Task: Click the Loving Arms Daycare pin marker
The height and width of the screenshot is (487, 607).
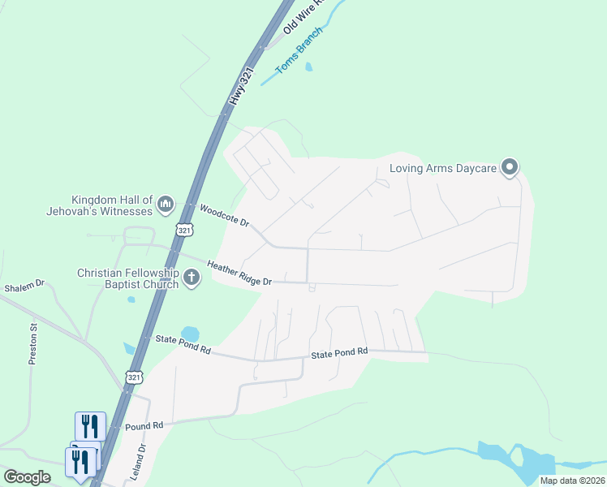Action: coord(510,168)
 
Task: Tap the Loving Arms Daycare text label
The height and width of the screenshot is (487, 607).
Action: coord(442,169)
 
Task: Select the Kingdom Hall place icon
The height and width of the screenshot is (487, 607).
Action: coord(166,203)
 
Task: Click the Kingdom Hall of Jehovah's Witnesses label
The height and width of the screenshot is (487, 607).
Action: coord(112,205)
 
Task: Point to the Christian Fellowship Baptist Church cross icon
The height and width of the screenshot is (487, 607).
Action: coord(192,278)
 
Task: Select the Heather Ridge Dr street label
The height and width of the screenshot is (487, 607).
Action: coord(239,273)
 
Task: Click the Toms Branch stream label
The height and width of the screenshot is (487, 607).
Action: coord(299,51)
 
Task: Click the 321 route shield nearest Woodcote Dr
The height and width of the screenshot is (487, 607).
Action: coord(185,231)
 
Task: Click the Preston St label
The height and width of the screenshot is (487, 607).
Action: coord(33,344)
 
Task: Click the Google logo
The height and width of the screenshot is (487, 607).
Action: coord(27,477)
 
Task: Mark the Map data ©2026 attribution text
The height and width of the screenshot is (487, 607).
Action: coord(571,481)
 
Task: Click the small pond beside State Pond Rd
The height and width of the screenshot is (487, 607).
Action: coord(190,333)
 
